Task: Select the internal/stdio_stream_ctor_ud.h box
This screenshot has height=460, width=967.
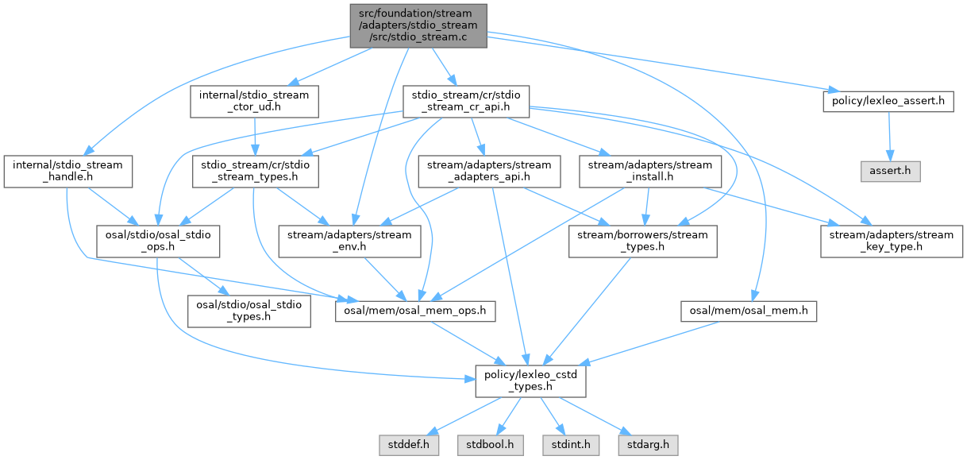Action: (x=254, y=102)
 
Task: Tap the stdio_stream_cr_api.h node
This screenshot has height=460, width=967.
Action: (x=465, y=102)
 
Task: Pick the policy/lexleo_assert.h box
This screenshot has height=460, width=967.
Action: (x=887, y=101)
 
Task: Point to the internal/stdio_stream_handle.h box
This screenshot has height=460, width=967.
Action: (x=67, y=171)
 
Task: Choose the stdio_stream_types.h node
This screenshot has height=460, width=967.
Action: (x=254, y=171)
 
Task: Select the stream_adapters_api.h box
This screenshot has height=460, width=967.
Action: (x=488, y=171)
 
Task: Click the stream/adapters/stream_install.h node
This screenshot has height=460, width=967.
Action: (x=650, y=171)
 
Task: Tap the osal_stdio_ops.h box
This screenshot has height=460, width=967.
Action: (x=157, y=241)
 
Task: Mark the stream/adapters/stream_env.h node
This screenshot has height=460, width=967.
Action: (x=350, y=241)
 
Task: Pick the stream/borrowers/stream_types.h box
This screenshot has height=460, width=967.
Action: (x=642, y=241)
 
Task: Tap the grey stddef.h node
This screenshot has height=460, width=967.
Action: (x=404, y=443)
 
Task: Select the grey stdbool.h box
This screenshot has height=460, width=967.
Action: (x=491, y=443)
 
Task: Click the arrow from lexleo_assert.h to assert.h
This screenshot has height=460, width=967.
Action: (x=888, y=137)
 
